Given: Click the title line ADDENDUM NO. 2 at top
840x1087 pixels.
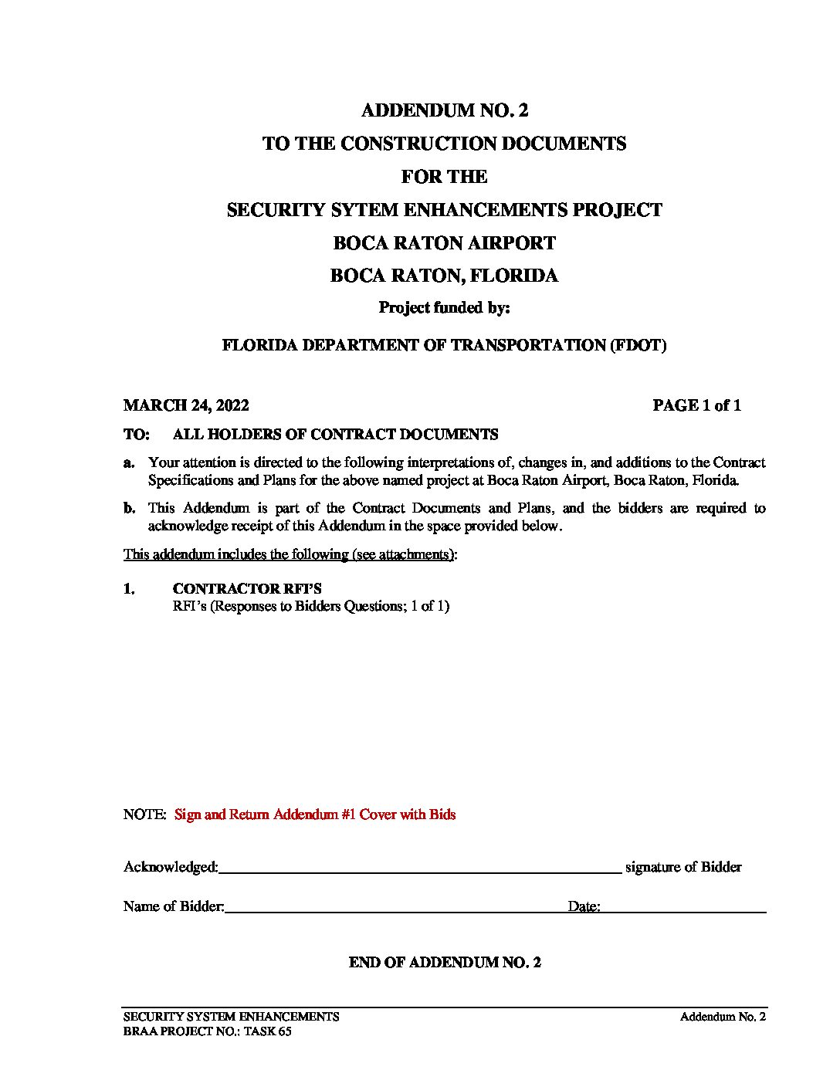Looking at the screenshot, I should (445, 110).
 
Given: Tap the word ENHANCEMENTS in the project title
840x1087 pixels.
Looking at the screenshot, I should (459, 210).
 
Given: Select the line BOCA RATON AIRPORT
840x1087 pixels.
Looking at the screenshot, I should (444, 243).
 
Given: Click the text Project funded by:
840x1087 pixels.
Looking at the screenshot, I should (444, 308).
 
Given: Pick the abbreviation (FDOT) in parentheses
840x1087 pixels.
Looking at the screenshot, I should (638, 345).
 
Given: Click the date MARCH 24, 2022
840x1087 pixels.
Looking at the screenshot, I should (186, 405).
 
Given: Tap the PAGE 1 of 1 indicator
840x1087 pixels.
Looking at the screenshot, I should (696, 405).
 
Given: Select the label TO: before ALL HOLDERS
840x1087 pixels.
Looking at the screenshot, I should (136, 435).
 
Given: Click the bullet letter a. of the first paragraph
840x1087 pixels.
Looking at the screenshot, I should (130, 462).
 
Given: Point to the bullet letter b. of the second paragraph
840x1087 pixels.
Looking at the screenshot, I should (130, 508).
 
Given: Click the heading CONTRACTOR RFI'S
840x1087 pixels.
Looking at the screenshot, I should (247, 589).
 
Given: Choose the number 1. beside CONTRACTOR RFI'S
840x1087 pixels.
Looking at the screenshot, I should (129, 589).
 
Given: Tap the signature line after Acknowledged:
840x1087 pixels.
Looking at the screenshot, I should (420, 869).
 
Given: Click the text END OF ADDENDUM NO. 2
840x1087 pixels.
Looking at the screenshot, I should (445, 963).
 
